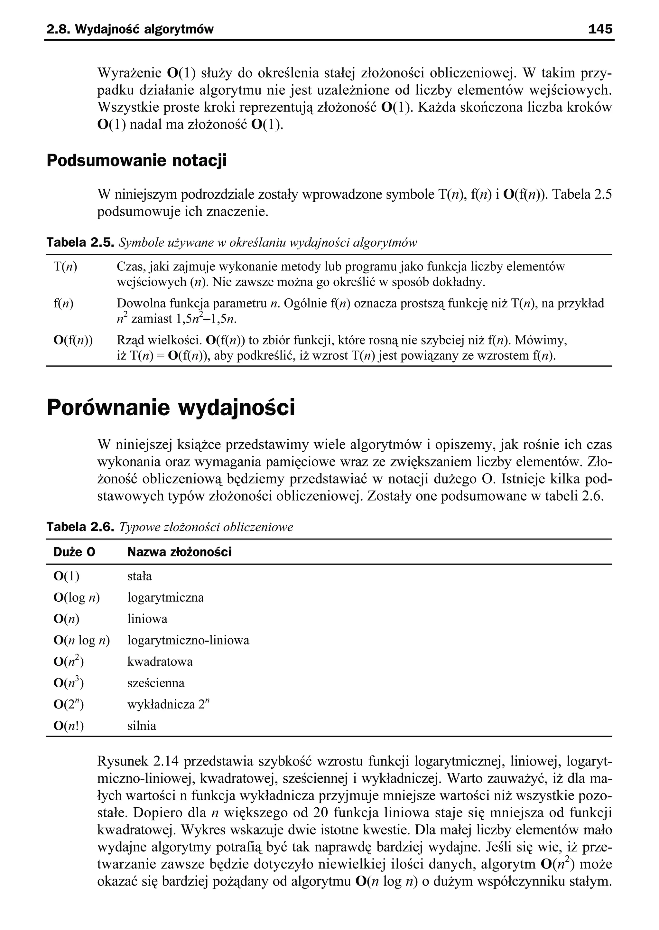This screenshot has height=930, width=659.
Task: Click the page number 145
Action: coord(600,29)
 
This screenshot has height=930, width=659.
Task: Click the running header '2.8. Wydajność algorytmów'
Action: coord(130,29)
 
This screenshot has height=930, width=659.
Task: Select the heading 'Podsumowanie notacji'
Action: coord(136,160)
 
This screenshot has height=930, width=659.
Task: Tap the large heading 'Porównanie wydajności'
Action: coord(171,408)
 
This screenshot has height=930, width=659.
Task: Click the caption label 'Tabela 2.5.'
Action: coord(81,243)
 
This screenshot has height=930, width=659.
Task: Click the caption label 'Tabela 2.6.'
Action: coord(81,527)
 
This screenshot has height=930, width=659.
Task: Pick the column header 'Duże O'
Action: coord(74,552)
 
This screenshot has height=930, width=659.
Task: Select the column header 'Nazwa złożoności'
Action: coord(179,552)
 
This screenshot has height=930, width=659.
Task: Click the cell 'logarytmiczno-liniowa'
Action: coord(188,640)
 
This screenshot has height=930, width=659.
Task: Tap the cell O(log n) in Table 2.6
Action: coord(77,597)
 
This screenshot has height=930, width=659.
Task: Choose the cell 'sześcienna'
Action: coord(156,683)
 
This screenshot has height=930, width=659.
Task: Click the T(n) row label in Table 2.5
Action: coord(65,267)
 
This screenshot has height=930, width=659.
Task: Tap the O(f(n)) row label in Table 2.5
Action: coord(73,340)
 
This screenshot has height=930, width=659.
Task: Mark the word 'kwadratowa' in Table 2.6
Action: coord(160,662)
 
